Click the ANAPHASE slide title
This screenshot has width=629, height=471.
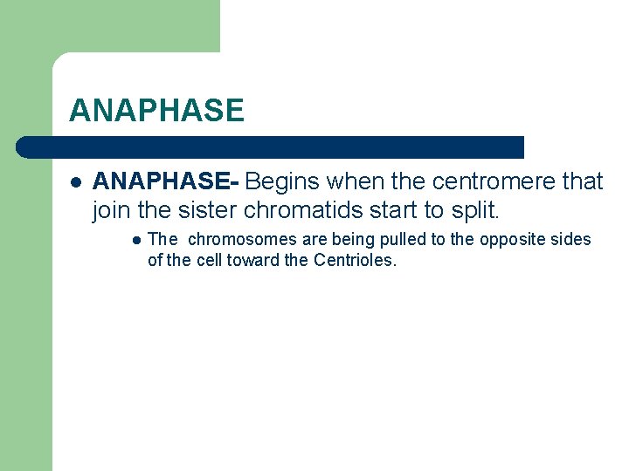[156, 111]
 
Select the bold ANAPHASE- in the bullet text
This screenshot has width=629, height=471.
[166, 181]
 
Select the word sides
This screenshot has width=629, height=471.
[571, 239]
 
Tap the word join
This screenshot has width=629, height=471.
[108, 210]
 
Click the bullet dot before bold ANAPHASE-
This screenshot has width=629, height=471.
[75, 182]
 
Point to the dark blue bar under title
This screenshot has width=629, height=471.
[271, 147]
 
